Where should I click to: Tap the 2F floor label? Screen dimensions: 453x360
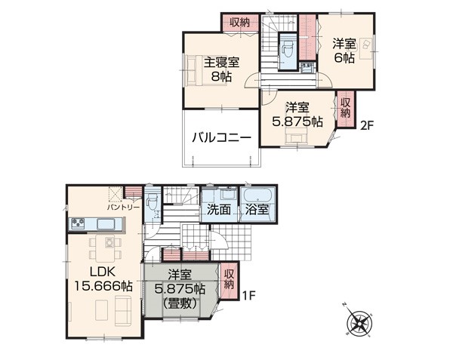tap(367, 125)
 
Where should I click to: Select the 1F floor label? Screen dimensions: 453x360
tap(249, 296)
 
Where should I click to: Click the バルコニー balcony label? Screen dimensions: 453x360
tap(221, 137)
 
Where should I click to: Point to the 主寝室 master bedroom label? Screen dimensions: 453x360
tap(221, 62)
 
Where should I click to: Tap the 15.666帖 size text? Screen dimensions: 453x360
tap(103, 286)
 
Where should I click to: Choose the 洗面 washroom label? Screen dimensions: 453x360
tap(219, 210)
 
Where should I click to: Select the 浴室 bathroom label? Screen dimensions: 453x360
tap(257, 210)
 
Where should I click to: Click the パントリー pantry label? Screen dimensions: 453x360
tap(123, 208)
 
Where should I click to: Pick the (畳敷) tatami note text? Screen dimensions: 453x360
tap(180, 303)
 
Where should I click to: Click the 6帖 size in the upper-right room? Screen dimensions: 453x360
tap(344, 58)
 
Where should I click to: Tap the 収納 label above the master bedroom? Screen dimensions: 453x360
tap(239, 23)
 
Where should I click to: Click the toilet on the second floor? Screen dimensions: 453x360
tap(288, 50)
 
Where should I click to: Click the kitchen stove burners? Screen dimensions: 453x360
tap(78, 223)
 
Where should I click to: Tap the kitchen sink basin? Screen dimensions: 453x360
tap(106, 223)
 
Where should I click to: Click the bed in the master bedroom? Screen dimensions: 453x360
tap(194, 70)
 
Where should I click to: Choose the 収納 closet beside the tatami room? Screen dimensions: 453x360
tap(228, 280)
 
